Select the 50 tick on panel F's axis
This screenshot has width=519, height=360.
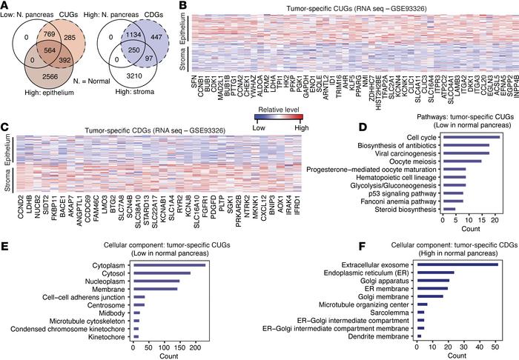(x=495, y=347)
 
